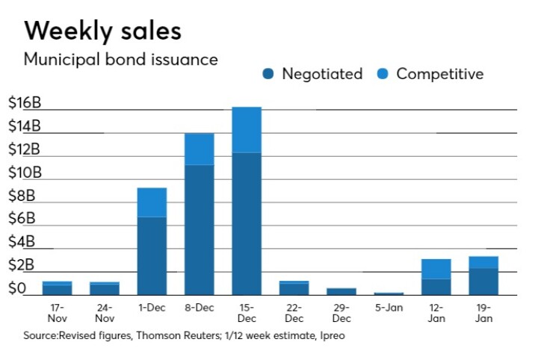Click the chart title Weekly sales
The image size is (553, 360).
coord(103,31)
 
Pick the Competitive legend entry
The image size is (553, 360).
coord(431,74)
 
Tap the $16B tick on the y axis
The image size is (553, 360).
coord(24,103)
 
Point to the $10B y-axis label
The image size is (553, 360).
coord(24,173)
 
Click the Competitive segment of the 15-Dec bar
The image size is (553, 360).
coord(247,129)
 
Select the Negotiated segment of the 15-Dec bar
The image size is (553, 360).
coord(247,223)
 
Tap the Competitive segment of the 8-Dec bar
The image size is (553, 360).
coord(199,149)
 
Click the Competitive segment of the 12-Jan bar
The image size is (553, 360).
coord(436,269)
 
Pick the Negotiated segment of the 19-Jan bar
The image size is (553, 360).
coord(483,281)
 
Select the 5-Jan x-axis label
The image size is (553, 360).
coord(389,306)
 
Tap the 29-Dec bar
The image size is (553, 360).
coord(341,291)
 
